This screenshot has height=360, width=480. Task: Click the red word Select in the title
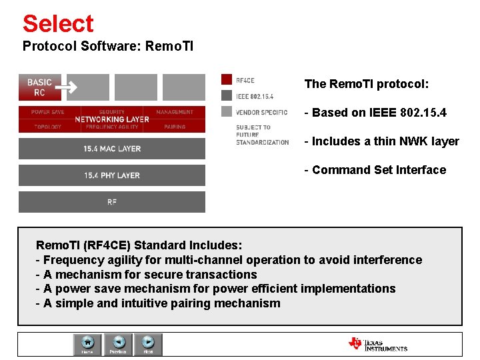click(58, 23)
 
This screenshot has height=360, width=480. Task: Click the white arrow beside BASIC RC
click(66, 87)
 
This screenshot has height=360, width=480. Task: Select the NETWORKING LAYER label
click(111, 119)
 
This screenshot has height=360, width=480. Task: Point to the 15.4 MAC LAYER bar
click(111, 148)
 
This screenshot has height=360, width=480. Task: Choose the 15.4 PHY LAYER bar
click(111, 175)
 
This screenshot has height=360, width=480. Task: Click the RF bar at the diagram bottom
click(111, 202)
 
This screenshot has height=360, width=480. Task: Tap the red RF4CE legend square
click(226, 79)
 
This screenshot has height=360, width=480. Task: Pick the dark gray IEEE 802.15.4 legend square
click(226, 95)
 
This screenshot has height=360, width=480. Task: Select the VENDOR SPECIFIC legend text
click(262, 112)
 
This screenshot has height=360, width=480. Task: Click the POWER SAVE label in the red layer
click(47, 112)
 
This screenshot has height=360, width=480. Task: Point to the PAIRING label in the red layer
click(174, 127)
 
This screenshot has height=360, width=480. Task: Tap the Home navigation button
click(87, 345)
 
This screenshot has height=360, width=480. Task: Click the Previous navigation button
click(118, 345)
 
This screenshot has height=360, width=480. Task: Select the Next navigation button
click(148, 345)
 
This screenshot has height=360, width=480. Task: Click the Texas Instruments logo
click(377, 344)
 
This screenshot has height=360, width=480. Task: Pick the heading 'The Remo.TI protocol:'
click(366, 84)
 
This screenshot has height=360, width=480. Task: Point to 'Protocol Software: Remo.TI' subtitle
click(107, 47)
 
